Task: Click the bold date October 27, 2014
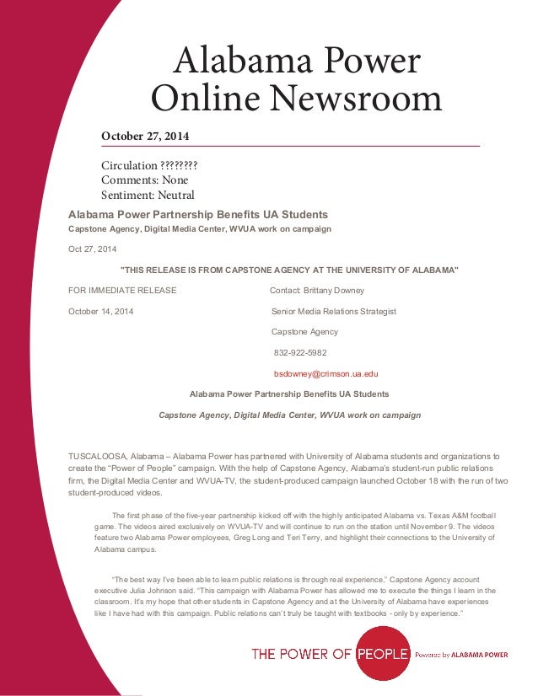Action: (x=145, y=137)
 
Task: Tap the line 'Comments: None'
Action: (x=144, y=179)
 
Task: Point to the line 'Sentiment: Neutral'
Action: (x=148, y=195)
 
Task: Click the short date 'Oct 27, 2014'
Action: (x=93, y=249)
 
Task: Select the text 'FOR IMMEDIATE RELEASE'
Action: (x=122, y=291)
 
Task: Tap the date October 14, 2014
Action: (x=100, y=312)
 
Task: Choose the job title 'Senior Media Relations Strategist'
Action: (x=333, y=312)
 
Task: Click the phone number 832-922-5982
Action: (x=300, y=353)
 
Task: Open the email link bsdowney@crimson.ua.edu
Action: (x=325, y=373)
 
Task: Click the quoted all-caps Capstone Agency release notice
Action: (x=290, y=270)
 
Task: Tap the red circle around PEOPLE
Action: (x=385, y=653)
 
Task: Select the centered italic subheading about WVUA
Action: (x=289, y=415)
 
